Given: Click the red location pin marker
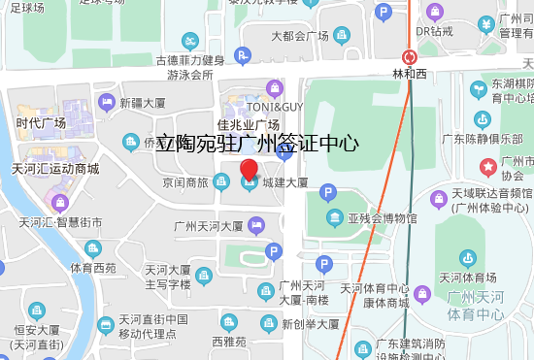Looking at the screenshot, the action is pyautogui.click(x=249, y=173).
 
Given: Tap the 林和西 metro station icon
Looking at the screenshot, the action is pyautogui.click(x=411, y=57).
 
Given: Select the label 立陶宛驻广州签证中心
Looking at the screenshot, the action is pyautogui.click(x=258, y=144).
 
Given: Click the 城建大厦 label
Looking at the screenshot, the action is pyautogui.click(x=284, y=182).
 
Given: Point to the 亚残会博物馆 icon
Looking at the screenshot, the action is pyautogui.click(x=334, y=216).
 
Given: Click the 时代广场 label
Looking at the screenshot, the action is pyautogui.click(x=41, y=123).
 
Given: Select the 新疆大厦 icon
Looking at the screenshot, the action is pyautogui.click(x=106, y=101).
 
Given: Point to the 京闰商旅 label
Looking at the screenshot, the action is pyautogui.click(x=185, y=182).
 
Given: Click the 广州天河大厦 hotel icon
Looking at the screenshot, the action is pyautogui.click(x=254, y=226).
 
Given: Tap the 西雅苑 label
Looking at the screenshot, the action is pyautogui.click(x=229, y=342).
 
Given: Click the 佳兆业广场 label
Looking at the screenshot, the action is pyautogui.click(x=249, y=124).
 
